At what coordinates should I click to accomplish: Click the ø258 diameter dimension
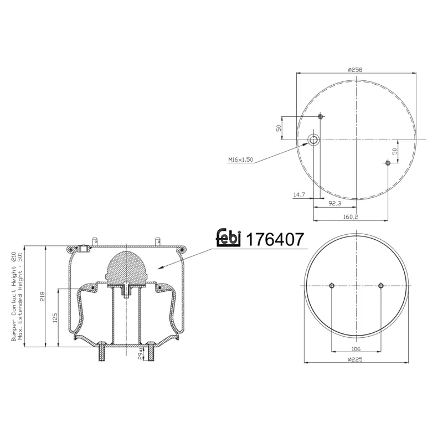click(x=354, y=69)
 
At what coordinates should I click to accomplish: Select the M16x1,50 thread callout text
click(x=240, y=159)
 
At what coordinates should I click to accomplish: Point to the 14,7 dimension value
click(x=299, y=194)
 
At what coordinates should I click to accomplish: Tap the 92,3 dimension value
click(x=334, y=203)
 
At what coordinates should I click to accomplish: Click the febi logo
click(x=228, y=238)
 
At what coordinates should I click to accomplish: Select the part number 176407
click(x=275, y=240)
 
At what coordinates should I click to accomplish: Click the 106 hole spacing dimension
click(x=356, y=349)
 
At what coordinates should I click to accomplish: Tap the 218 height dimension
click(x=43, y=296)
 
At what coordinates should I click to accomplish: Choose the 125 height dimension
click(x=55, y=318)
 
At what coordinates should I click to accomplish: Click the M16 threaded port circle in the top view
click(x=314, y=139)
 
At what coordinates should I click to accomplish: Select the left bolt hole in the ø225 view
click(x=331, y=286)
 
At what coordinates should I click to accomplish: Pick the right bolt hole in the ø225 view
click(x=381, y=286)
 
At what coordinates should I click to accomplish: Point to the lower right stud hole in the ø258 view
click(x=388, y=162)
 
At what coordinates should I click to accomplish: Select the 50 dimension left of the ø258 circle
click(x=280, y=128)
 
